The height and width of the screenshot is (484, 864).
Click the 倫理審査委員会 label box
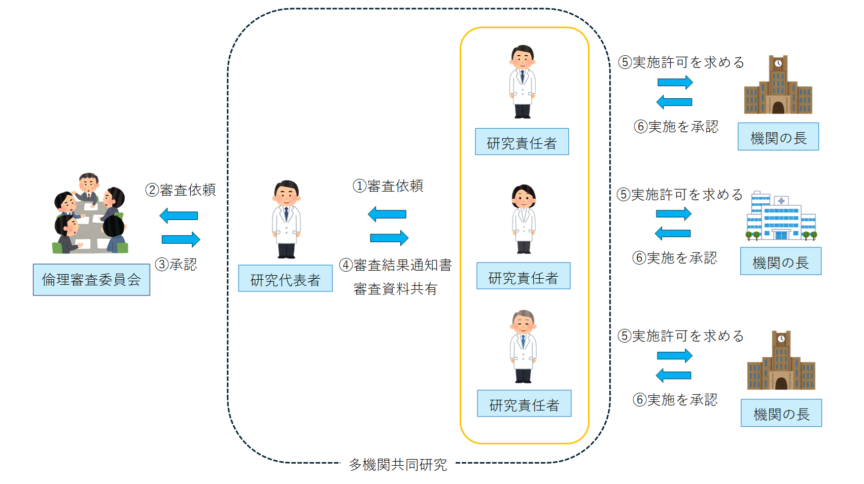[91, 280]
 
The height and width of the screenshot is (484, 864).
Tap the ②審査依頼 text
[181, 190]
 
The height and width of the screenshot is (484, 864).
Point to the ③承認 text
[176, 265]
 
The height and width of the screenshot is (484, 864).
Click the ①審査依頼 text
[388, 186]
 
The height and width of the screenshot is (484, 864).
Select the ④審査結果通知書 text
[395, 265]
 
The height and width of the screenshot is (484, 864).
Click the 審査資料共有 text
[395, 289]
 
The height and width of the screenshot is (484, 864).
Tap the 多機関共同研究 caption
[398, 464]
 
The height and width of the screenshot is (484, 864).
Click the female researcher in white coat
[523, 219]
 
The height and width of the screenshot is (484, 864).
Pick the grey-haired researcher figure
[523, 347]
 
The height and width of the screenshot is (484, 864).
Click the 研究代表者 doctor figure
[286, 219]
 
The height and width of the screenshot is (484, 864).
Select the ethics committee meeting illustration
[90, 214]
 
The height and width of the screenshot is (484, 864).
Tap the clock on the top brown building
[778, 63]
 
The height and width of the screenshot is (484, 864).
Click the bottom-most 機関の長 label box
[781, 414]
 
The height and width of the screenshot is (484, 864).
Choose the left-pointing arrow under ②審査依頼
[179, 216]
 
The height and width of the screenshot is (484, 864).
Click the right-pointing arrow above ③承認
[181, 239]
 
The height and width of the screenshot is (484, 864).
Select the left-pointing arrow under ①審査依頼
[387, 214]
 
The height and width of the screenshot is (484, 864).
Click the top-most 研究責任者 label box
[522, 142]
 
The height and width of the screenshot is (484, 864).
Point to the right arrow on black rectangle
[673, 214]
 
